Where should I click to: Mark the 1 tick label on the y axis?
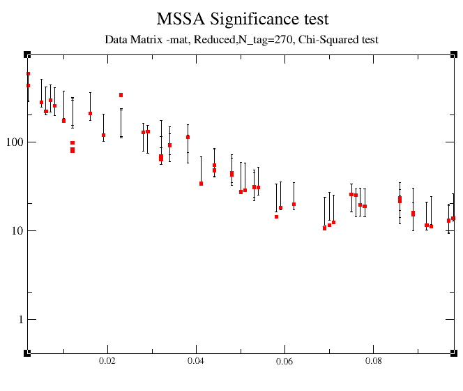(17, 320)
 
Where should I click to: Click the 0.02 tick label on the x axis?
(107, 362)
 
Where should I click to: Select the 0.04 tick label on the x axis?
(196, 362)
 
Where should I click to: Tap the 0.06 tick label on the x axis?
(284, 362)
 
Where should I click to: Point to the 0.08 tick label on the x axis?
(373, 362)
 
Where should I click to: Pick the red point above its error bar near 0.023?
(121, 95)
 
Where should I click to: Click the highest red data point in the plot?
(28, 73)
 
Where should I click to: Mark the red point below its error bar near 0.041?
(201, 184)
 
